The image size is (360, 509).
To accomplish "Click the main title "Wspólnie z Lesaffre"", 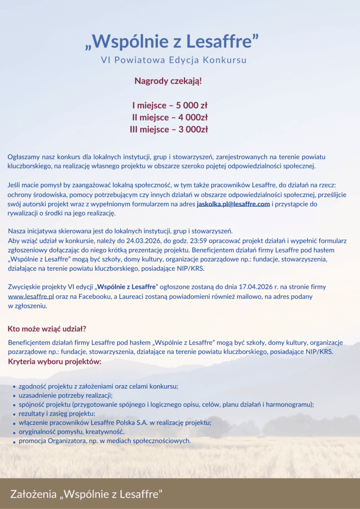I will [x=173, y=42].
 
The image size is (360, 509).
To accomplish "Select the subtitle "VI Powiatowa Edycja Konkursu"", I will [x=174, y=60].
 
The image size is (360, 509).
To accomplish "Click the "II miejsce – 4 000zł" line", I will [x=170, y=117].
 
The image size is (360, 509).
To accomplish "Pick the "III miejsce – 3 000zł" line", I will [x=170, y=129].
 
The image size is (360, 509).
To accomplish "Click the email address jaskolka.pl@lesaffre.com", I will [x=233, y=204].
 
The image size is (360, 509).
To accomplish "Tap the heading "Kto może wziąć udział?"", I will [x=47, y=329].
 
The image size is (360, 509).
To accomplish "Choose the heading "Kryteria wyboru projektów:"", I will [x=55, y=361].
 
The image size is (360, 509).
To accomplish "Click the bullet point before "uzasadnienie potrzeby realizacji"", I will [x=13, y=396].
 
